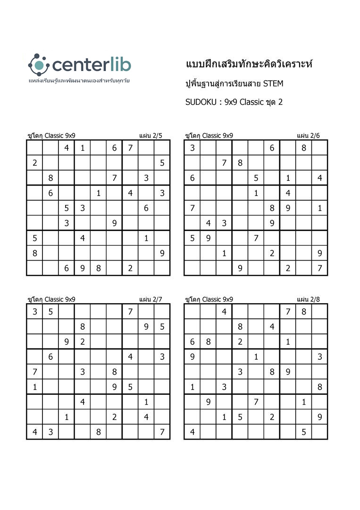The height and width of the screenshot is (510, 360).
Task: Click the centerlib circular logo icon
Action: (x=39, y=65)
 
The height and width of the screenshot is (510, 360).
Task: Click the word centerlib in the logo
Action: (x=92, y=65)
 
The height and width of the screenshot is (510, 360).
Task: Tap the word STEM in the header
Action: (x=273, y=84)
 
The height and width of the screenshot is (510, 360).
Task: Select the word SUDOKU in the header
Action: (x=200, y=102)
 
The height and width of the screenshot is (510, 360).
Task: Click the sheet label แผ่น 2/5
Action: (x=151, y=136)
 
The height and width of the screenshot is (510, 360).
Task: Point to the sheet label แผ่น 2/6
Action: (x=309, y=136)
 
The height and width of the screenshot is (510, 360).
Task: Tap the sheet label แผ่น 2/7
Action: (x=151, y=299)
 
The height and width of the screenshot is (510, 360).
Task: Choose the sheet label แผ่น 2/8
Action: (x=309, y=299)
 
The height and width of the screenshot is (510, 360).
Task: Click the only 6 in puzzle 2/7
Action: (x=50, y=357)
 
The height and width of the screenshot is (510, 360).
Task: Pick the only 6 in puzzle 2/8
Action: (x=193, y=341)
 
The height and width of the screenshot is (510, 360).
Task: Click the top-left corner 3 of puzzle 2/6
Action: (x=193, y=148)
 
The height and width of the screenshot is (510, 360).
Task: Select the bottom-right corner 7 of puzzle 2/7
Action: (x=162, y=432)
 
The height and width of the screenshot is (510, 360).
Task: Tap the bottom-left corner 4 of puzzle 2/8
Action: (x=193, y=432)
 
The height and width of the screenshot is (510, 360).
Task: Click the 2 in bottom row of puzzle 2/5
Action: (x=130, y=268)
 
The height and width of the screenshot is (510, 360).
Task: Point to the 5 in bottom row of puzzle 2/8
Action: (x=304, y=432)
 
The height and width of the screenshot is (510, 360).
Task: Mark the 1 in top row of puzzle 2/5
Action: (x=83, y=148)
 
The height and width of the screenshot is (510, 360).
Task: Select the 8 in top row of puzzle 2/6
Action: (x=304, y=148)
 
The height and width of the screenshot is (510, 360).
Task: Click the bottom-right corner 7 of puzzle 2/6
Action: (x=320, y=268)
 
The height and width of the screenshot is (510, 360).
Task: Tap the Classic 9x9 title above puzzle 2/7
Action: (x=51, y=299)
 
